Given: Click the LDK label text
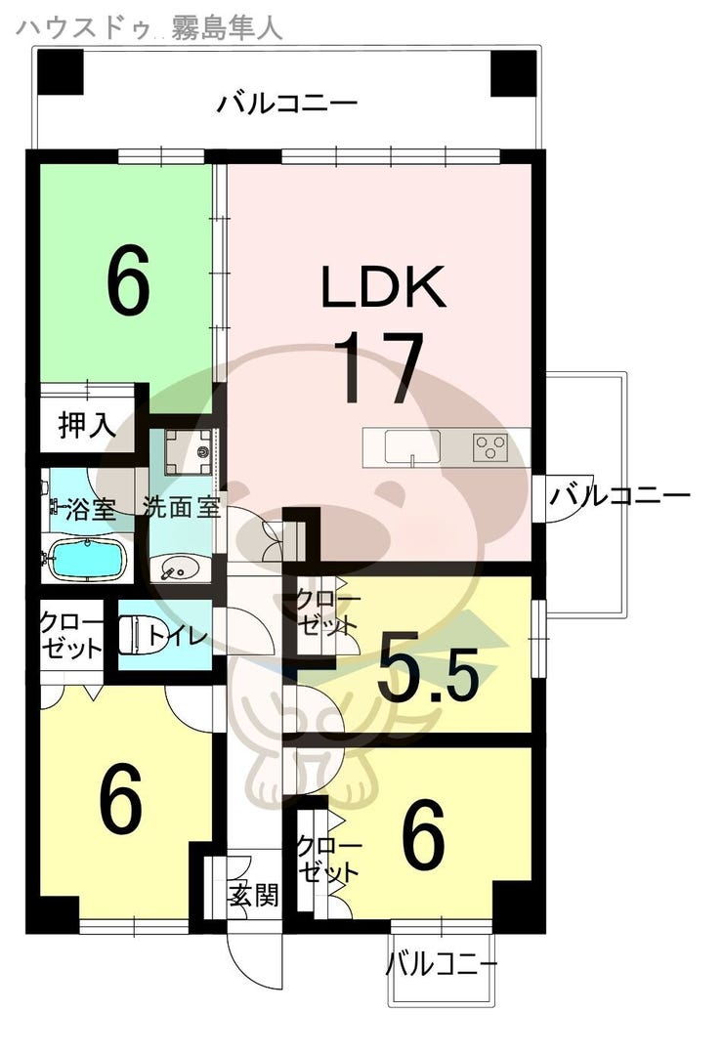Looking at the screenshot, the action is coord(384,287).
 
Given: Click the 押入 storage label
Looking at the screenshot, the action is coord(87,425).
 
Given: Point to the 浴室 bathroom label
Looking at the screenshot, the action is coord(91,510).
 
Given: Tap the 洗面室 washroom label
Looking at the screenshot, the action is coord(182,506).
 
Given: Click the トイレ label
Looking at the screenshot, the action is coord(175,635).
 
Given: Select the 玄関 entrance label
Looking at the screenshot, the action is coord(253,895).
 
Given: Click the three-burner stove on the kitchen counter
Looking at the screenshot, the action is coord(490,446).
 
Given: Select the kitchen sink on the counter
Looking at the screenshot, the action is coord(412,446).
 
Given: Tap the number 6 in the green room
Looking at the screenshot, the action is coord(128,280).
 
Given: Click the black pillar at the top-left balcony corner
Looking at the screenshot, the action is coord(60,71).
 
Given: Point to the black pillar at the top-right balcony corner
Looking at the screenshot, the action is coord(513,72).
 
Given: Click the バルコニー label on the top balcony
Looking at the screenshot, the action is coord(287,105).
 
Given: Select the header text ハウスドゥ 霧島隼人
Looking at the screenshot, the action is coord(149,27).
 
